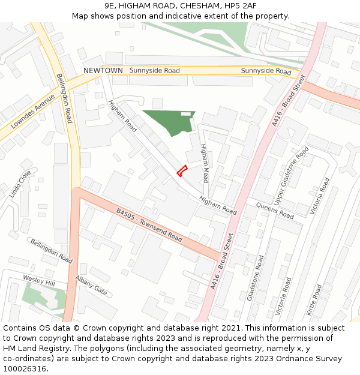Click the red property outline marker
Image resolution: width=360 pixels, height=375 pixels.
(182, 170)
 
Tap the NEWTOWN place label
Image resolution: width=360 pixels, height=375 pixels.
(103, 71)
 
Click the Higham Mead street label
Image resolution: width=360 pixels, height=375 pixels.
(205, 163)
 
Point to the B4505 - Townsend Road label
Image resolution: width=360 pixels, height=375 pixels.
(149, 225)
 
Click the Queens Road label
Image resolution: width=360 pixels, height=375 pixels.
(275, 211)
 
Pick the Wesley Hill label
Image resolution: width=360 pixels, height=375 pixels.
(38, 280)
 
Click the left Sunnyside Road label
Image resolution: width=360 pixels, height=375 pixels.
(154, 71)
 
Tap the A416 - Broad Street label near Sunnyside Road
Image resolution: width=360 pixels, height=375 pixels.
(289, 101)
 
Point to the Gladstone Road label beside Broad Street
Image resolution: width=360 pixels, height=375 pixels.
(256, 278)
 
